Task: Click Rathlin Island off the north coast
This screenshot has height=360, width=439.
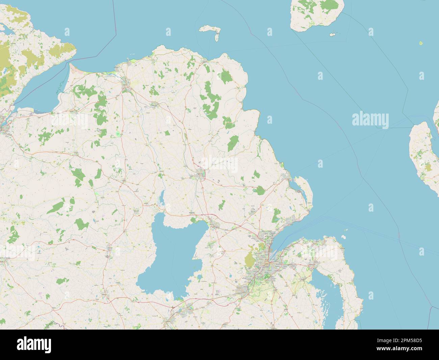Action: (210, 30)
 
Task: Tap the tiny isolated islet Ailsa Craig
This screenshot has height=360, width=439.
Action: (421, 43)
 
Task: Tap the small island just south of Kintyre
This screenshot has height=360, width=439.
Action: (333, 34)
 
